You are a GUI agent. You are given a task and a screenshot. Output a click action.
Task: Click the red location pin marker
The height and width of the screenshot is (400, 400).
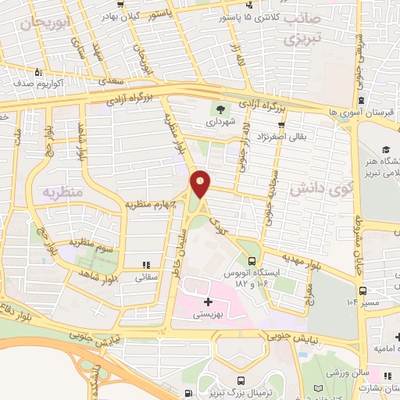click(x=201, y=184)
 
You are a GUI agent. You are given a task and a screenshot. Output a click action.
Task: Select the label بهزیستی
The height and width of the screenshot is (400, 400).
click(x=207, y=313)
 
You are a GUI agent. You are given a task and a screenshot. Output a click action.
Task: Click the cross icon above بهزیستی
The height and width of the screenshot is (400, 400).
click(x=207, y=301)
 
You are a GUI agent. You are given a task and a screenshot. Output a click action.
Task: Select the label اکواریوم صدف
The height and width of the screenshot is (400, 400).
click(x=47, y=80)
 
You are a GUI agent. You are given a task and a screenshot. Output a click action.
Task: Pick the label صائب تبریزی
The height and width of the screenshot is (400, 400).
click(x=299, y=29)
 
